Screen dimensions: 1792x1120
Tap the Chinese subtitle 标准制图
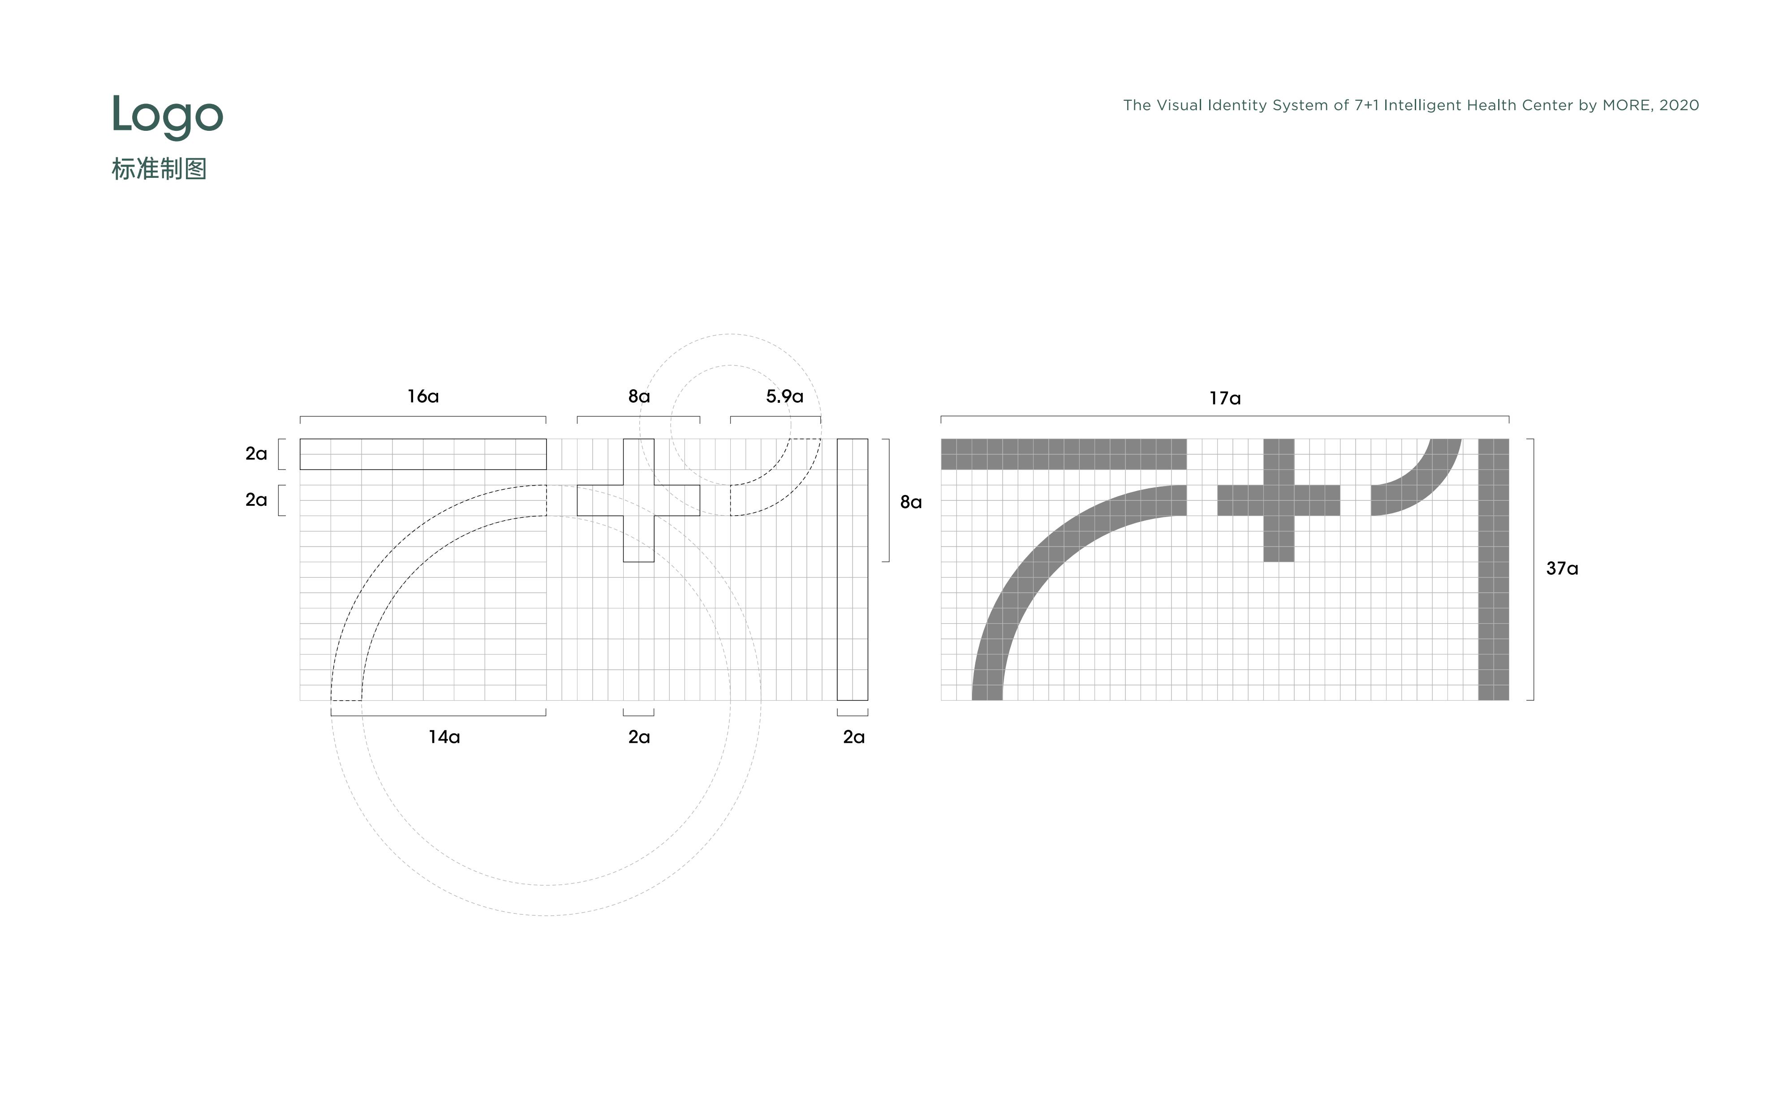pyautogui.click(x=159, y=169)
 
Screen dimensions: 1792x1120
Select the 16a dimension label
pyautogui.click(x=423, y=396)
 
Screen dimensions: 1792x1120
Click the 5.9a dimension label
pyautogui.click(x=784, y=396)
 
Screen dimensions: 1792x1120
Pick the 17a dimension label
pyautogui.click(x=1225, y=399)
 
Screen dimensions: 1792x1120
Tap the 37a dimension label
pyautogui.click(x=1562, y=568)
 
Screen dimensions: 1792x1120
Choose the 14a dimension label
pyautogui.click(x=444, y=737)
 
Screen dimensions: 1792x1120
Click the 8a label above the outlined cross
pyautogui.click(x=639, y=396)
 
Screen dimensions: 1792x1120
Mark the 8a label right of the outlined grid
pyautogui.click(x=911, y=502)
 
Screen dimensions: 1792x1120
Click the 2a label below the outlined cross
pyautogui.click(x=639, y=737)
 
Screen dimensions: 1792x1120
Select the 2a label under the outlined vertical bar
pyautogui.click(x=854, y=737)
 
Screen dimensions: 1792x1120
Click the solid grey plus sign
pyautogui.click(x=1279, y=500)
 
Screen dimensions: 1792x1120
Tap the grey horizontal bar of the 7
pyautogui.click(x=1064, y=454)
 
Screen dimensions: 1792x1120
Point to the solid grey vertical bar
pyautogui.click(x=1494, y=569)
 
